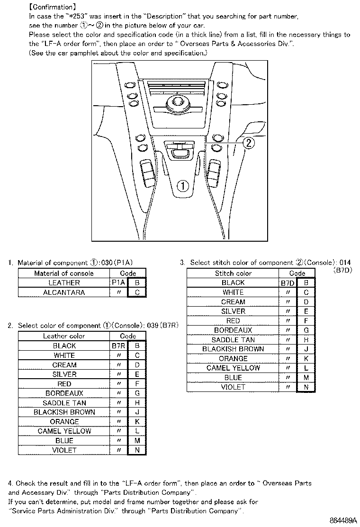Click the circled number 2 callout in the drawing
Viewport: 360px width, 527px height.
tap(250, 143)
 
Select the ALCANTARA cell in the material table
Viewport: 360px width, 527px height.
tap(64, 292)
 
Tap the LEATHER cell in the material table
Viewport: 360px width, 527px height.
tap(64, 283)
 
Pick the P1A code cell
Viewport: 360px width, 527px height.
tap(118, 283)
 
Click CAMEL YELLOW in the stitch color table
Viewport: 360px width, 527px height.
tap(233, 368)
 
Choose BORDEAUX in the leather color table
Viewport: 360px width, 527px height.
tap(64, 393)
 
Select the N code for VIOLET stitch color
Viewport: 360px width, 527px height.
tap(306, 387)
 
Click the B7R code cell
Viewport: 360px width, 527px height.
tap(118, 346)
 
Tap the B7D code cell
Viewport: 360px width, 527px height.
tap(288, 283)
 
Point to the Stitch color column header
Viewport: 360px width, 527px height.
tap(233, 273)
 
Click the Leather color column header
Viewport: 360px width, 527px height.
tap(64, 336)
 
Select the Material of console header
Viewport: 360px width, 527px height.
tap(64, 273)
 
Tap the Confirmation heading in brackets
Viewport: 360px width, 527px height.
tap(52, 7)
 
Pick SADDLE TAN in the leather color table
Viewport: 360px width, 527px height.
tap(64, 403)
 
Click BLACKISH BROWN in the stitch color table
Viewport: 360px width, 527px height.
tap(233, 349)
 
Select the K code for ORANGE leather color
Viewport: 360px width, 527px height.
tap(137, 422)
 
